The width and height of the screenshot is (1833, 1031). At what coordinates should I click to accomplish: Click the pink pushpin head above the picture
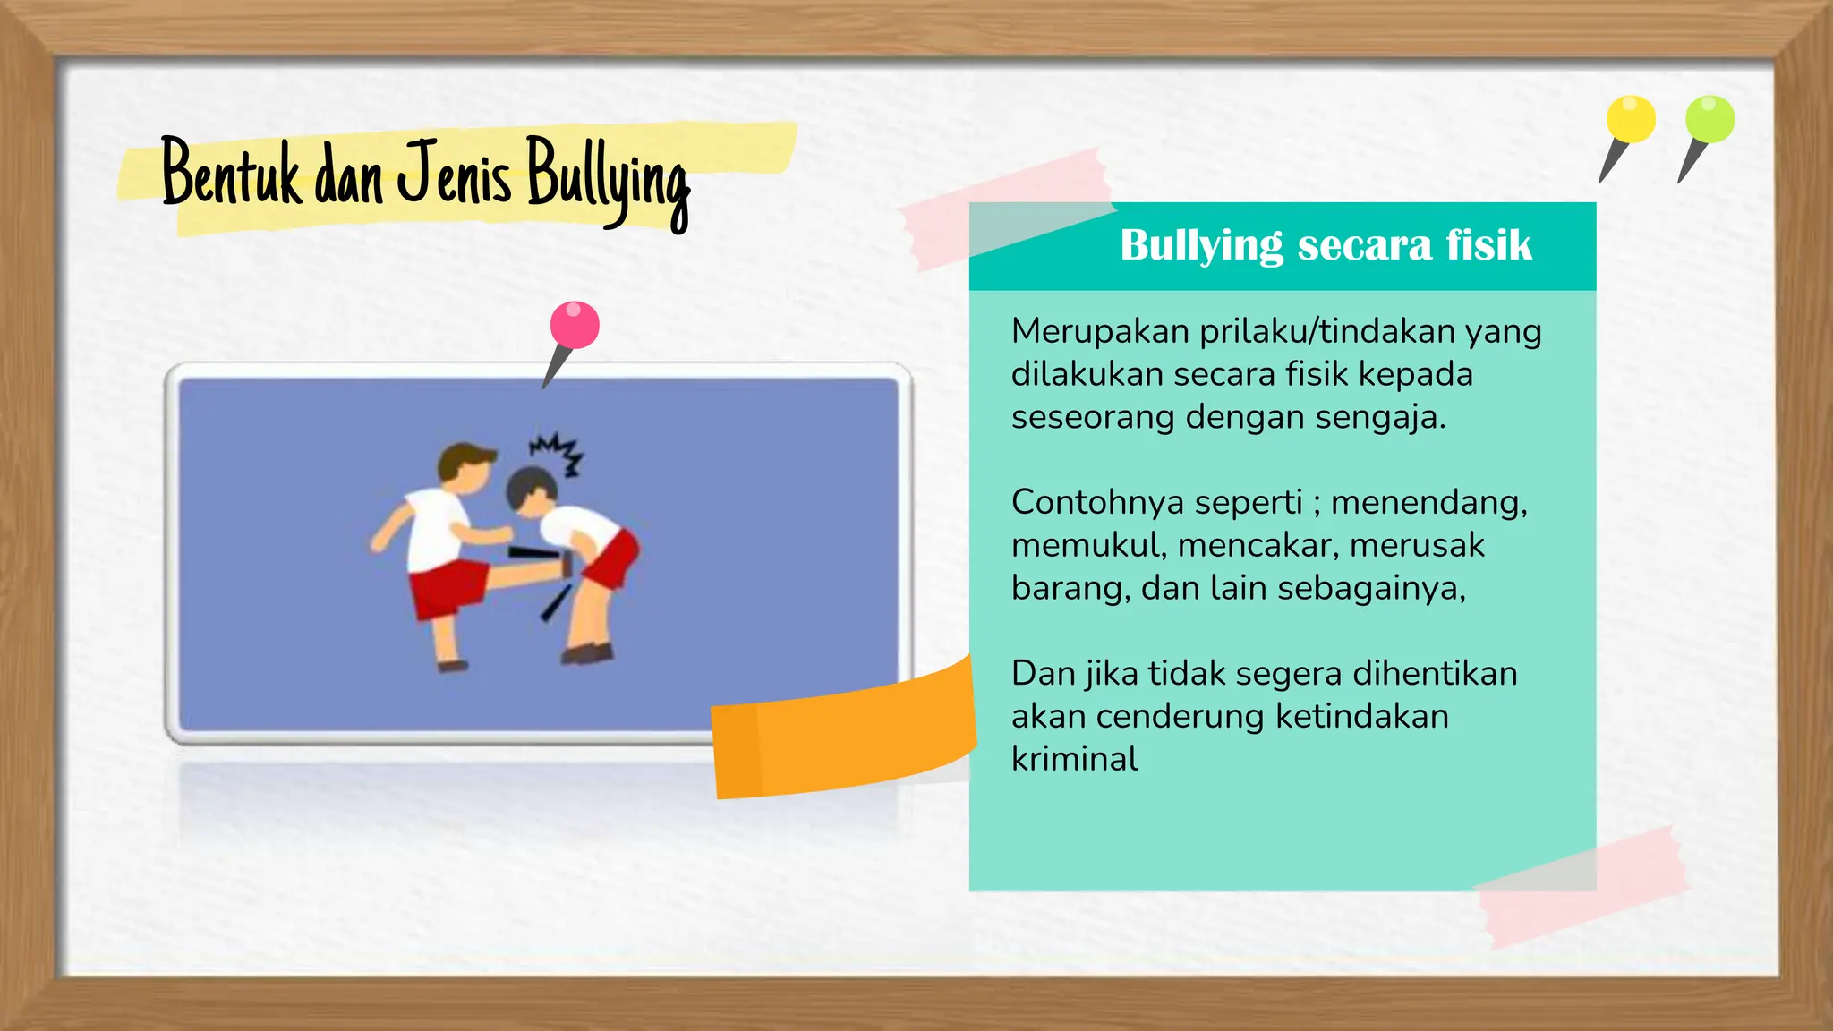pos(575,324)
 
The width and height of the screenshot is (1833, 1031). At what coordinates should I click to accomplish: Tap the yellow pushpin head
pos(1631,119)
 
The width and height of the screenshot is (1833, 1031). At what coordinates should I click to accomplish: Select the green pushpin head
pos(1709,119)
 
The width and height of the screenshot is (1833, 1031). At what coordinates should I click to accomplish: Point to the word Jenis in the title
pos(454,173)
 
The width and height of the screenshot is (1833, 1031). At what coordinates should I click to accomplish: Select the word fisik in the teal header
pos(1489,245)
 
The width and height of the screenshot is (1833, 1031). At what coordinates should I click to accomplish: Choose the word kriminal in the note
pos(1074,760)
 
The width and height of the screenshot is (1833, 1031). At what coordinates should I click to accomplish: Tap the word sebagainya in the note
pos(1371,589)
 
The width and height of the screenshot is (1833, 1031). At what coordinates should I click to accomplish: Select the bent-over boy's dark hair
pos(528,486)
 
